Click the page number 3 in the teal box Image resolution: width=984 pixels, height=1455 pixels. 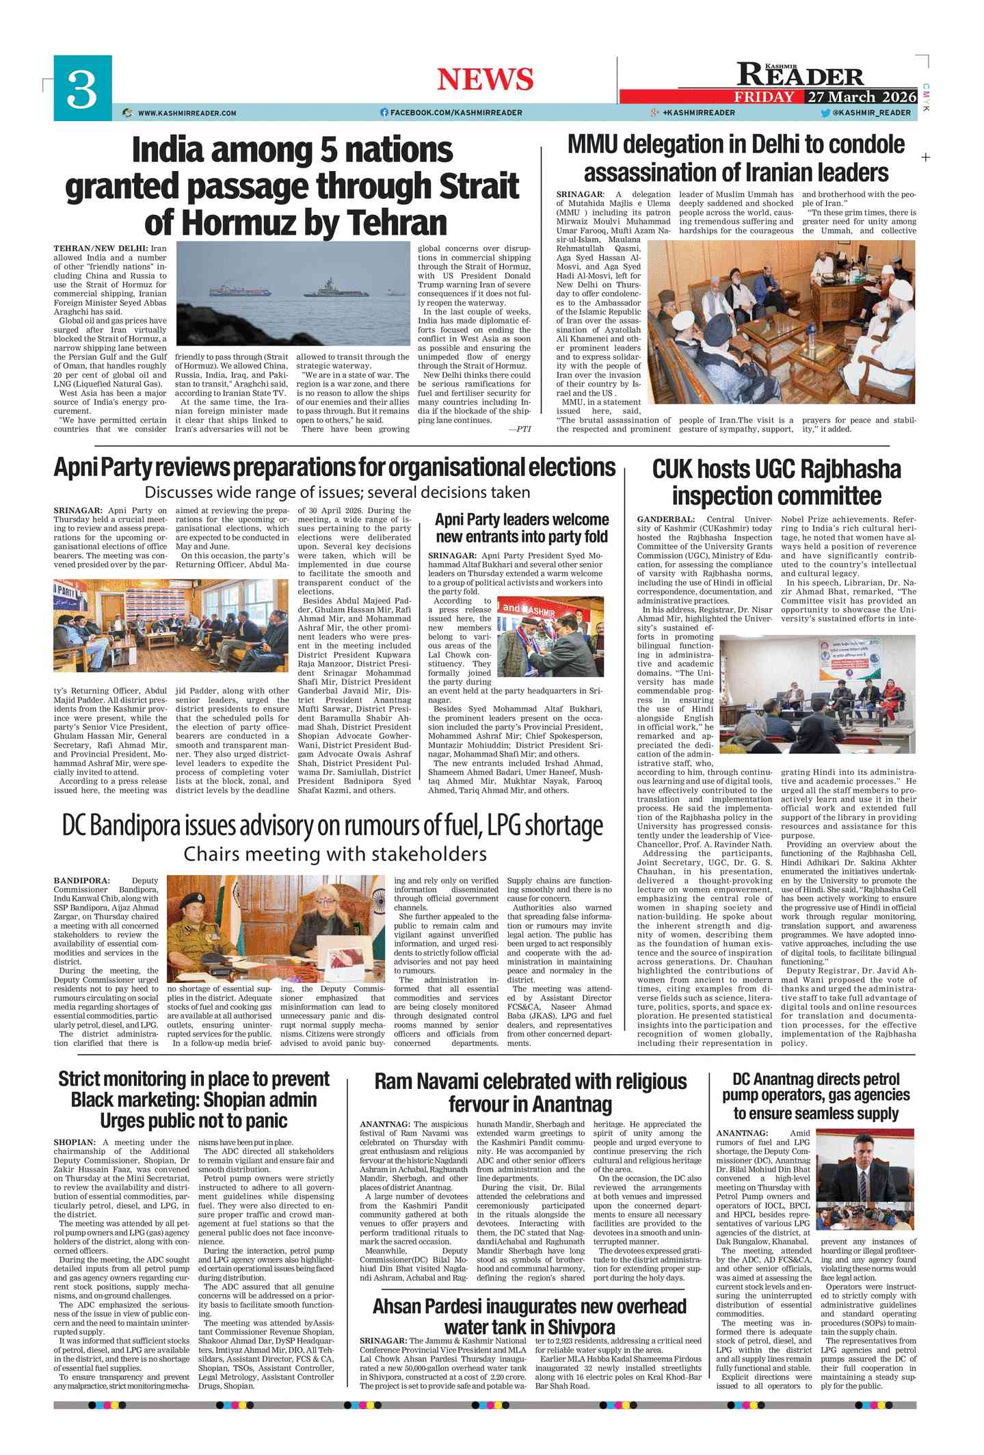tap(82, 89)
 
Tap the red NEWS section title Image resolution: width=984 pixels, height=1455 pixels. tap(485, 79)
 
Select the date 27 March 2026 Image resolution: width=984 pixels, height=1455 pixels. tap(862, 96)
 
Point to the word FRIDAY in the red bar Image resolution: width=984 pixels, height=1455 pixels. tap(764, 96)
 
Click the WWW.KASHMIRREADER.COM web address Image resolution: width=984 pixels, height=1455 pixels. tap(187, 113)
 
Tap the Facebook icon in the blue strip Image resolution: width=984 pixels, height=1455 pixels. tap(384, 112)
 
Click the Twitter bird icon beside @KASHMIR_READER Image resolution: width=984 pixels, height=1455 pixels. tap(825, 112)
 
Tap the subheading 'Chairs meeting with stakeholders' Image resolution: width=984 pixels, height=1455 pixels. tap(335, 854)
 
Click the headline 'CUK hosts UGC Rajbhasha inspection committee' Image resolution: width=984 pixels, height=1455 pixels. tap(776, 482)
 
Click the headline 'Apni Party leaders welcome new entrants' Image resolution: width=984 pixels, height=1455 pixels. tap(522, 528)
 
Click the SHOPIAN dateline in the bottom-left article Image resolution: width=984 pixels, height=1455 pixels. tap(75, 1142)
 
